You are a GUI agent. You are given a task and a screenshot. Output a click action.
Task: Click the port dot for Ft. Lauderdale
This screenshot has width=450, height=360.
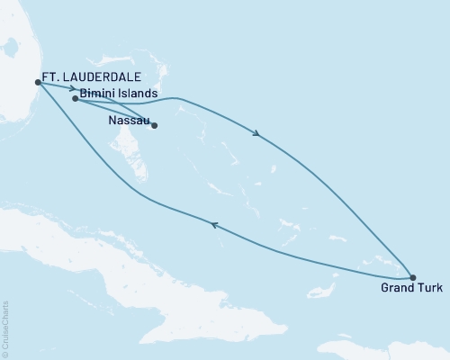coord(37,82)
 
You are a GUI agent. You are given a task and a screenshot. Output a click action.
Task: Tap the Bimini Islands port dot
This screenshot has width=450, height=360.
coord(75,99)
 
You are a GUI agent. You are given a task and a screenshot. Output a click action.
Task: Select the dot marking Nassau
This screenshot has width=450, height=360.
coord(154,126)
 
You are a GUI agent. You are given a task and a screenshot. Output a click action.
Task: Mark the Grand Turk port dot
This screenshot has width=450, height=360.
coord(412,277)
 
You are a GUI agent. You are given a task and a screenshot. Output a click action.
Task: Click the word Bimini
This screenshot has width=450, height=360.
coord(98,93)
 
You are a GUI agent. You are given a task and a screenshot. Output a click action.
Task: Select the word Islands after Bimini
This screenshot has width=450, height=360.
coord(139,93)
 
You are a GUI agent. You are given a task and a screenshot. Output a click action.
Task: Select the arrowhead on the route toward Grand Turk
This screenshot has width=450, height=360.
coord(258,134)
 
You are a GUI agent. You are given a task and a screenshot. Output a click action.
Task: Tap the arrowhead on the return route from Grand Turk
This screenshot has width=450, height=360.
coord(213,225)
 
